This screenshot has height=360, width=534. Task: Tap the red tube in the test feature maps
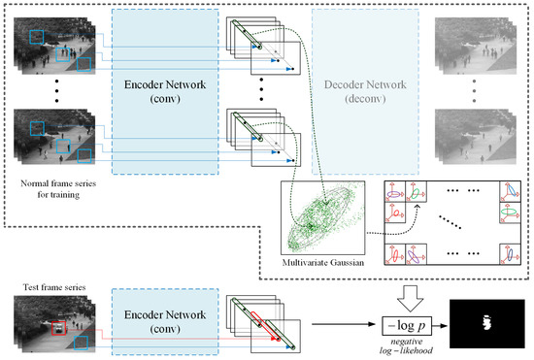(260, 326)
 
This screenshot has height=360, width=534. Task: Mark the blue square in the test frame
(83, 343)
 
